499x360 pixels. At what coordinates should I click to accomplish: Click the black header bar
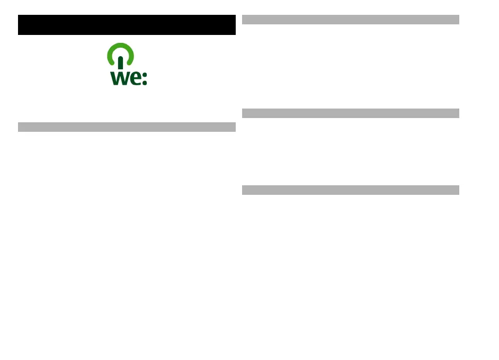[x=127, y=25]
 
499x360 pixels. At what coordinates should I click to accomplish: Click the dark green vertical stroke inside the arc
[x=121, y=62]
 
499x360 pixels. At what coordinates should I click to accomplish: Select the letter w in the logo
[x=119, y=78]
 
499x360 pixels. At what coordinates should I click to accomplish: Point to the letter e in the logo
[x=135, y=79]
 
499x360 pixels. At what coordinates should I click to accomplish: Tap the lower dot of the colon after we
[x=145, y=83]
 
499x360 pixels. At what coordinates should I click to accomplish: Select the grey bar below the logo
[x=127, y=127]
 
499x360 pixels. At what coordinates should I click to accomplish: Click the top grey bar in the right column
[x=350, y=20]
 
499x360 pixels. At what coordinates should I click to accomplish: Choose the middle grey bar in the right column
[x=350, y=113]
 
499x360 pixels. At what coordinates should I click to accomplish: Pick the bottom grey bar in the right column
[x=350, y=190]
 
